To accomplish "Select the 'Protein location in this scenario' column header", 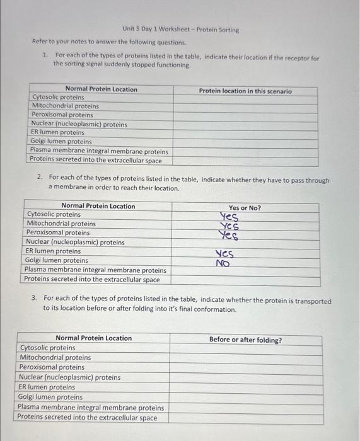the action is tap(245, 91).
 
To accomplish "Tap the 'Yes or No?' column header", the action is tap(245, 207).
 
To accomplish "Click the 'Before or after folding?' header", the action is tap(245, 340).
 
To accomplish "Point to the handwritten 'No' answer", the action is tap(223, 263).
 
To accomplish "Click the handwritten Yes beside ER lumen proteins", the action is tap(225, 254).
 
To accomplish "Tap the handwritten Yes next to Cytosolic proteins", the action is tap(228, 217).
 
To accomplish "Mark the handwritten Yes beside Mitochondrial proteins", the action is tap(228, 226).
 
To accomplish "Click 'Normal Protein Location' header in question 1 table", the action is tap(101, 89).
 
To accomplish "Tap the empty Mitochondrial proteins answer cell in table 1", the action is tap(245, 106).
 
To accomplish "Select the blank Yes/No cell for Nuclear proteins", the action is tap(245, 242).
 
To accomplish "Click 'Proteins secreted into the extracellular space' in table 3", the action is tap(87, 417).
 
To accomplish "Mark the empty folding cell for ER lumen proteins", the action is tap(245, 387).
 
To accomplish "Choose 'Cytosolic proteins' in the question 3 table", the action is tap(47, 348).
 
